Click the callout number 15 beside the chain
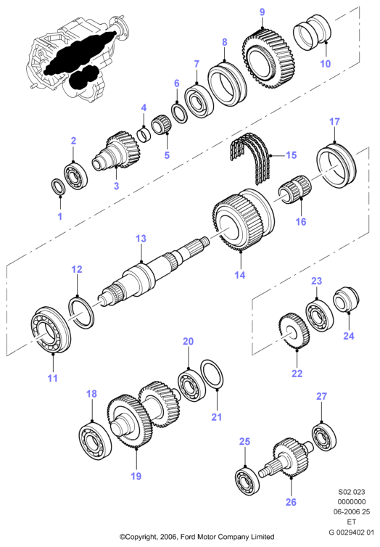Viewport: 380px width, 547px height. pos(291,155)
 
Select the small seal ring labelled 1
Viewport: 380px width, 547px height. pos(59,186)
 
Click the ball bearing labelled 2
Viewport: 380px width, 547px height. pos(75,176)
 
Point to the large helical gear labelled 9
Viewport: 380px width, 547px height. pos(269,57)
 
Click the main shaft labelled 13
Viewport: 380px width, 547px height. pos(154,272)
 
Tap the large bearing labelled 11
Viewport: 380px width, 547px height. pos(51,330)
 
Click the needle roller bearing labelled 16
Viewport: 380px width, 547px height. pos(294,189)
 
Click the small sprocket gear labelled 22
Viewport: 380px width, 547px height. pos(294,331)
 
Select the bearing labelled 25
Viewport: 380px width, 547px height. pos(247,482)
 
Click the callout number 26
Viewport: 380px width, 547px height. pos(291,502)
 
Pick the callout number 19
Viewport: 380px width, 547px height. pos(136,476)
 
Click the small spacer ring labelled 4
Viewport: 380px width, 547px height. pos(145,136)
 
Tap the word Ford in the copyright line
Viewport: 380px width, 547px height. pos(184,537)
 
